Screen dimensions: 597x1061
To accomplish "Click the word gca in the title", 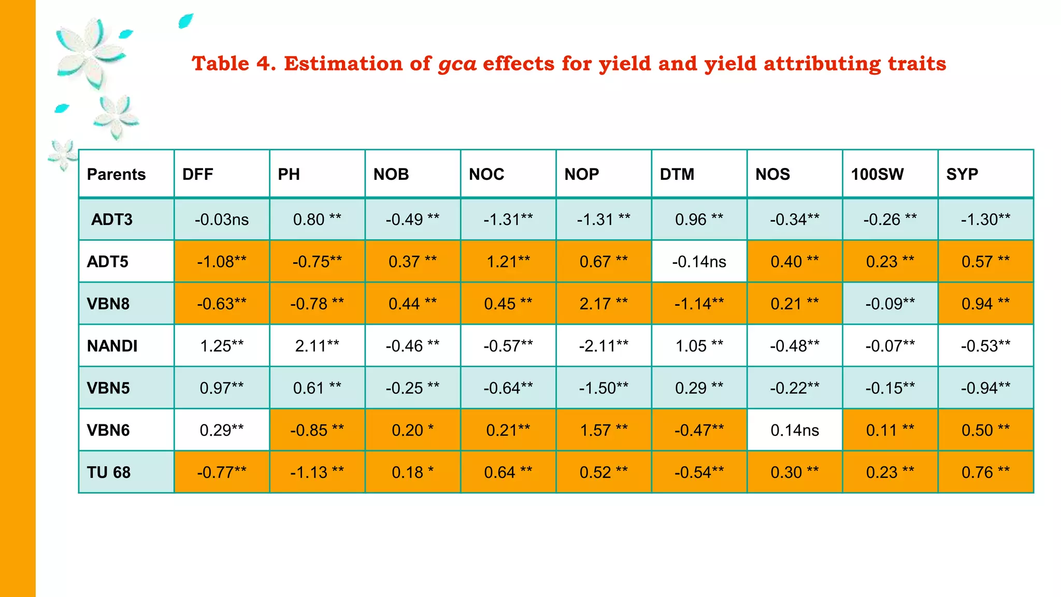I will pyautogui.click(x=457, y=64).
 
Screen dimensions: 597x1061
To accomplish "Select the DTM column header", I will pyautogui.click(x=677, y=174).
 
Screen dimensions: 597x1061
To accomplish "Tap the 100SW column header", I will pyautogui.click(x=877, y=174).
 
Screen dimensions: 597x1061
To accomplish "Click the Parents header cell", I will pyautogui.click(x=116, y=174).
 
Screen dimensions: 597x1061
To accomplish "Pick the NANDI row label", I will pyautogui.click(x=112, y=346).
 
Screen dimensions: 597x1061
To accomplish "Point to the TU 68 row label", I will pyautogui.click(x=108, y=472).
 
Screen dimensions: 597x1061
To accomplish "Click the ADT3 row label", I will pyautogui.click(x=111, y=219).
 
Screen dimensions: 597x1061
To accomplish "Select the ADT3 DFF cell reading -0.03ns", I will pyautogui.click(x=222, y=219).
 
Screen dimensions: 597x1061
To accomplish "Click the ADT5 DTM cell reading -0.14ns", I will pyautogui.click(x=699, y=262).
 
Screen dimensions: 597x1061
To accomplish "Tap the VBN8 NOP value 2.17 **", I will pyautogui.click(x=604, y=304).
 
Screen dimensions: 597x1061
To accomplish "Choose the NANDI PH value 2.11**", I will pyautogui.click(x=317, y=346).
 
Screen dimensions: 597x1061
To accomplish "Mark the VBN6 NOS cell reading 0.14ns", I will pyautogui.click(x=794, y=430).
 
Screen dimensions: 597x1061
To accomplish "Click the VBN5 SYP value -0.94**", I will pyautogui.click(x=985, y=388).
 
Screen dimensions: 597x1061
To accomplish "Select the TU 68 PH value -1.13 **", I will pyautogui.click(x=317, y=472).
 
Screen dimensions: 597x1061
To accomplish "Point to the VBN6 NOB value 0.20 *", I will pyautogui.click(x=412, y=430).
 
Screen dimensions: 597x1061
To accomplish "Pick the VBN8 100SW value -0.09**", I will pyautogui.click(x=890, y=304).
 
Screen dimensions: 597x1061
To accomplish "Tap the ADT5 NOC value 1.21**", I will pyautogui.click(x=508, y=262).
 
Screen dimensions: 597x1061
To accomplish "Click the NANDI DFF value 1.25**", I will pyautogui.click(x=222, y=346).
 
